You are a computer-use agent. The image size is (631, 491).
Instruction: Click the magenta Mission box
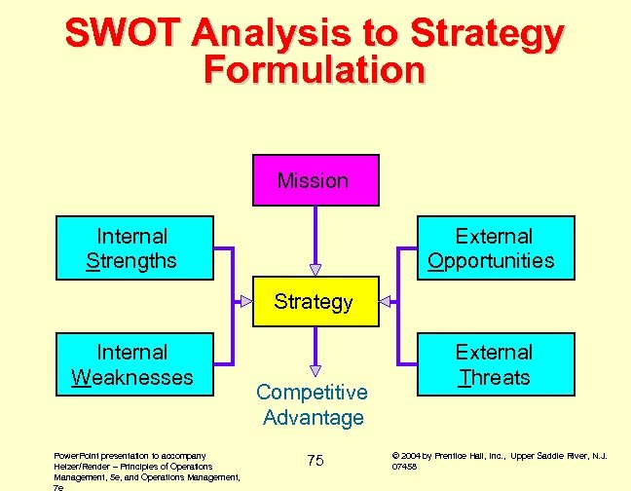(x=313, y=180)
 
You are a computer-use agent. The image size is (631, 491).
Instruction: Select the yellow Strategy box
(x=313, y=301)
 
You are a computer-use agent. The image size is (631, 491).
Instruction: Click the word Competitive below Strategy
(x=312, y=393)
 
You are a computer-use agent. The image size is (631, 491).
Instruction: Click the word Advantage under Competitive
(x=313, y=418)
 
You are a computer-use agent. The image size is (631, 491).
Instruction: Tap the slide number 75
(x=315, y=460)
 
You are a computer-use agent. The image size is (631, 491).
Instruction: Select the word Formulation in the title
(x=315, y=70)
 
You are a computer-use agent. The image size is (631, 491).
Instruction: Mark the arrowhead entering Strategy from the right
(x=385, y=301)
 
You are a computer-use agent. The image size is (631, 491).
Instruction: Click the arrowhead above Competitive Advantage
(x=315, y=370)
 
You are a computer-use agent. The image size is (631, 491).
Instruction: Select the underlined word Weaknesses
(x=132, y=377)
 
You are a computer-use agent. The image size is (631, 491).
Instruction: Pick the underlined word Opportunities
(x=491, y=261)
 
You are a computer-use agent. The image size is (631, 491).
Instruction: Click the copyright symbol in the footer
(x=394, y=455)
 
